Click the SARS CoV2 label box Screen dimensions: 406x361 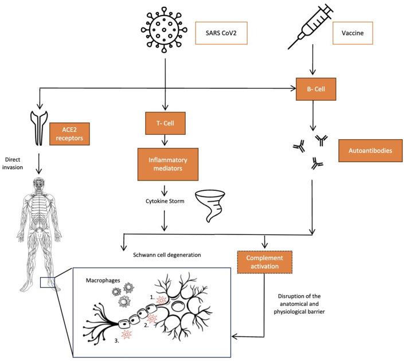point(221,33)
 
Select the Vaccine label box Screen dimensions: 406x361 point(353,33)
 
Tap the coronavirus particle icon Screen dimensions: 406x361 point(164,30)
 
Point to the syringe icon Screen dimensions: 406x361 point(310,27)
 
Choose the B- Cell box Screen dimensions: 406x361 point(316,89)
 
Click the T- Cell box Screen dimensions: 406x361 point(165,123)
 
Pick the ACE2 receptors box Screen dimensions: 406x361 point(69,134)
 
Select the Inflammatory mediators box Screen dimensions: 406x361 point(168,164)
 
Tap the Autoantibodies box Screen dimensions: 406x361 point(370,151)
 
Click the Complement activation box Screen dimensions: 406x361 point(264,262)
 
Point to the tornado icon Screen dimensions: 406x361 point(210,206)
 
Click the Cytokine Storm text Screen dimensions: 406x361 point(165,201)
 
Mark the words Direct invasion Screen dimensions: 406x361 point(13,163)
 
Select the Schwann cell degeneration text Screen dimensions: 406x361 point(167,255)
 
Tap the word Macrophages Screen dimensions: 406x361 point(103,280)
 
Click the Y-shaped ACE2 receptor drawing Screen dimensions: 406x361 point(39,128)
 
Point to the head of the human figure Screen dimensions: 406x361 point(39,184)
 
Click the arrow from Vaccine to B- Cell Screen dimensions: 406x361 point(313,60)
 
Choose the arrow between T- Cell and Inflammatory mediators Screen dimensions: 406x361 point(165,140)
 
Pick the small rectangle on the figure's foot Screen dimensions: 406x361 point(48,282)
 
